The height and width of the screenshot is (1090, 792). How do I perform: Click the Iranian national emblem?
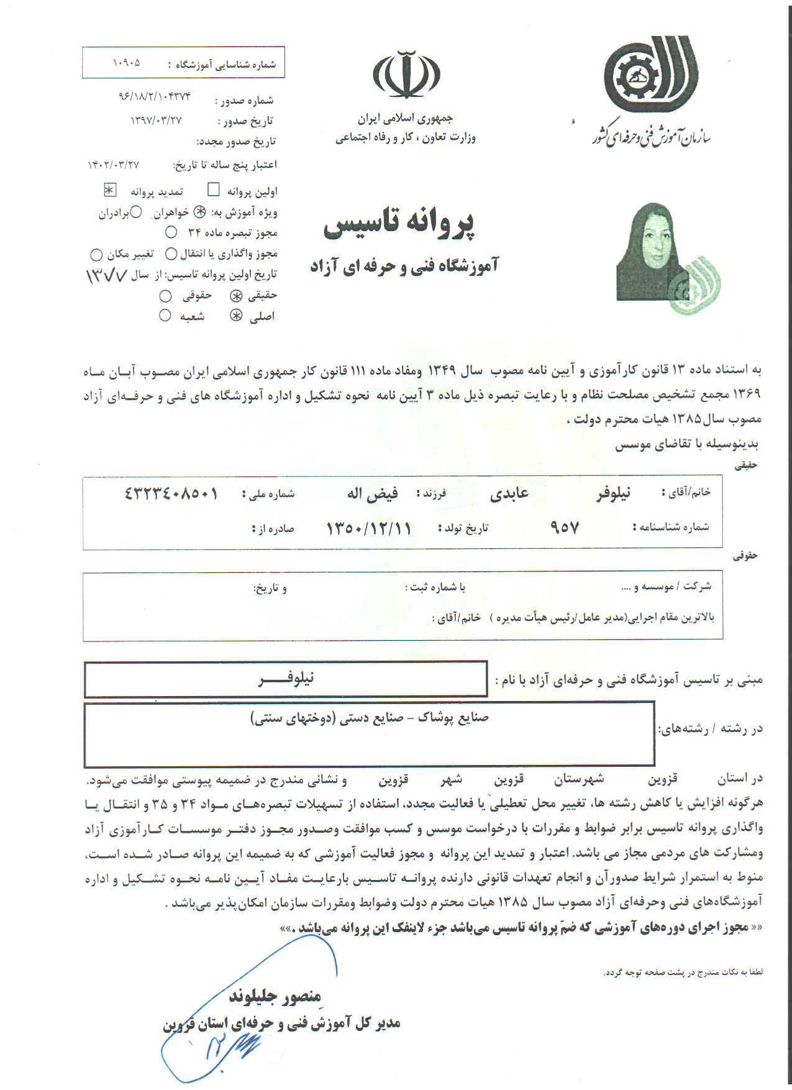pyautogui.click(x=406, y=74)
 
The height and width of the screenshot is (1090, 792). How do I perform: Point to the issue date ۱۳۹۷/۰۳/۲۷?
pyautogui.click(x=156, y=121)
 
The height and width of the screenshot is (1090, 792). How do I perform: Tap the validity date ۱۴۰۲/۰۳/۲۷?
pyautogui.click(x=114, y=165)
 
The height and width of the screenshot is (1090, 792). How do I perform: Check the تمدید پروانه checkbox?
pyautogui.click(x=110, y=190)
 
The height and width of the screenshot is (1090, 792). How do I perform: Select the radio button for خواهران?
pyautogui.click(x=199, y=212)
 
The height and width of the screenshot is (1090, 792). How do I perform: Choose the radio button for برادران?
pyautogui.click(x=136, y=213)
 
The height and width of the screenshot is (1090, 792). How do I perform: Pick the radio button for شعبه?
pyautogui.click(x=165, y=316)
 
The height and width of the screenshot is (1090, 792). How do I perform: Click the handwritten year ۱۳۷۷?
pyautogui.click(x=106, y=275)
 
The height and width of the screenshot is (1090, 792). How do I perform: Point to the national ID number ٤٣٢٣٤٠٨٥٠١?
pyautogui.click(x=171, y=494)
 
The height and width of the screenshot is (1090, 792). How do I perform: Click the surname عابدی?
pyautogui.click(x=509, y=494)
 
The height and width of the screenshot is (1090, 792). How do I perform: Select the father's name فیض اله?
pyautogui.click(x=373, y=494)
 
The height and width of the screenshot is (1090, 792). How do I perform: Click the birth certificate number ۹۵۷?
pyautogui.click(x=564, y=528)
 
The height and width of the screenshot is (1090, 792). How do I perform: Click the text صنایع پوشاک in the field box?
pyautogui.click(x=453, y=718)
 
